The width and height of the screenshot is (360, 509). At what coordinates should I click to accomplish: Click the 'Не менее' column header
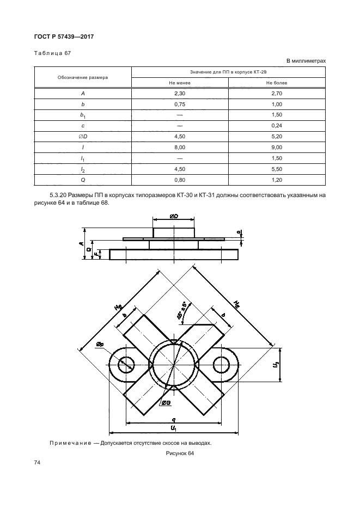pyautogui.click(x=180, y=83)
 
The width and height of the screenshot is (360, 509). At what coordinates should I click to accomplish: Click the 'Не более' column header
pyautogui.click(x=277, y=83)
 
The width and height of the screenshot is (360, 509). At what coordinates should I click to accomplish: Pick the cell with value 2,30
pyautogui.click(x=180, y=94)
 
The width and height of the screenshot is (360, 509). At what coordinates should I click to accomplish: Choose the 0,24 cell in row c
pyautogui.click(x=277, y=126)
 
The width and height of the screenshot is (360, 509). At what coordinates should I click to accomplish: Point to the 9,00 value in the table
pyautogui.click(x=277, y=147)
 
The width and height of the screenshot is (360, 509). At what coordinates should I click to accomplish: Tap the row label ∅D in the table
pyautogui.click(x=83, y=136)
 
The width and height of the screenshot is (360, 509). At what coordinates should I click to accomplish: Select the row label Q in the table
pyautogui.click(x=83, y=179)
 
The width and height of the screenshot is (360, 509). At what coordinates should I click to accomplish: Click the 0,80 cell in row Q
pyautogui.click(x=180, y=179)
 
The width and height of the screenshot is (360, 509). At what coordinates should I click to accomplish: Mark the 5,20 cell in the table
pyautogui.click(x=277, y=136)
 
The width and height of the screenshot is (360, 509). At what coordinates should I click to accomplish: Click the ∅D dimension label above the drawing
pyautogui.click(x=173, y=217)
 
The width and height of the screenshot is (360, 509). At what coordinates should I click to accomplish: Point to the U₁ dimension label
pyautogui.click(x=173, y=429)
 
